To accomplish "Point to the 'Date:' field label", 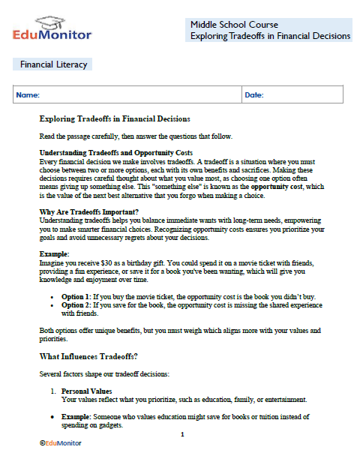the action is pyautogui.click(x=254, y=95).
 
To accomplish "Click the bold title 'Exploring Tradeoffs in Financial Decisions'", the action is pyautogui.click(x=114, y=118).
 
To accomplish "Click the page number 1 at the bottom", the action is pyautogui.click(x=182, y=433).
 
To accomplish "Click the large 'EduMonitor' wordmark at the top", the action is pyautogui.click(x=52, y=34).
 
